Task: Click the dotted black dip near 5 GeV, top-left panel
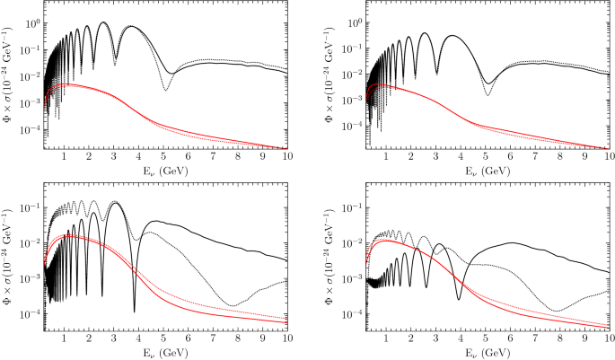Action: (165, 89)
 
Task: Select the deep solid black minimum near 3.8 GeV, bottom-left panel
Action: (135, 312)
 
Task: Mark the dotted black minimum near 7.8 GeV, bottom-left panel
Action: (233, 306)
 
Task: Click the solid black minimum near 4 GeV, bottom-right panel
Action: (459, 299)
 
